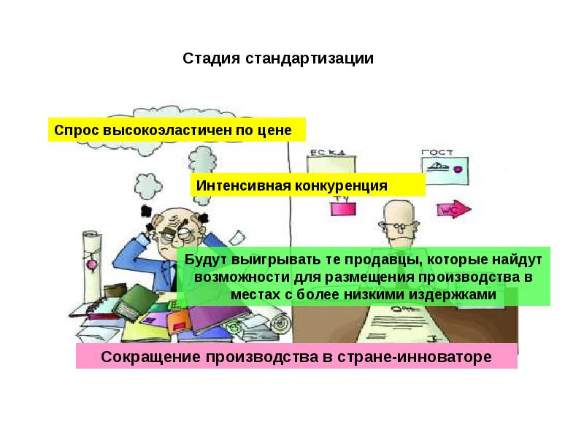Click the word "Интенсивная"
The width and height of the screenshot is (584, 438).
click(x=242, y=185)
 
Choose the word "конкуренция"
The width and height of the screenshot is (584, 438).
click(x=341, y=185)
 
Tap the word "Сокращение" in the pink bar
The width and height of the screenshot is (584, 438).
click(x=150, y=357)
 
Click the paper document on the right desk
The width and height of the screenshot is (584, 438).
click(x=405, y=321)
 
